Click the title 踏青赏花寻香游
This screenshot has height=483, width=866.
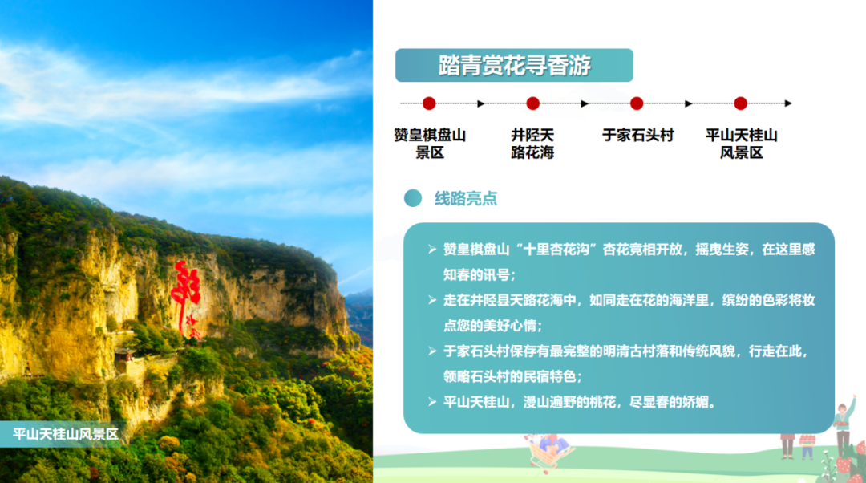[514, 65]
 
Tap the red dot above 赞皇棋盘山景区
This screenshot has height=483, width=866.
[429, 103]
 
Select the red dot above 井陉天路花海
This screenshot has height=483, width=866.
[533, 103]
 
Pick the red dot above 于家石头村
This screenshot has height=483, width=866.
[637, 103]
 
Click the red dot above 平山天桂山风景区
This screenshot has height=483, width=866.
[741, 103]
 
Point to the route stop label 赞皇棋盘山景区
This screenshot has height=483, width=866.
[430, 144]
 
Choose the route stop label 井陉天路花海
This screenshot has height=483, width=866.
[532, 144]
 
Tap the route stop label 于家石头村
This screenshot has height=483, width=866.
[638, 136]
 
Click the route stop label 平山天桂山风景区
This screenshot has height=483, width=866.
[741, 144]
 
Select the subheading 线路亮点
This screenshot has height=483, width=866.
[466, 198]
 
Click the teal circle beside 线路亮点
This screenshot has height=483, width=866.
[413, 198]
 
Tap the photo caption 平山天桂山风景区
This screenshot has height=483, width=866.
[66, 434]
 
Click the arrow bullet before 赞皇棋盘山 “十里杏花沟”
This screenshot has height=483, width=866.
[432, 250]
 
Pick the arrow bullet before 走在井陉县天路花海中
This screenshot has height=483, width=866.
[432, 300]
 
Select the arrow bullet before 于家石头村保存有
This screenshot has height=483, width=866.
[432, 351]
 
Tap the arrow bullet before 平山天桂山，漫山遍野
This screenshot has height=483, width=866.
[432, 402]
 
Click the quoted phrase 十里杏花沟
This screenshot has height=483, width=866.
[557, 250]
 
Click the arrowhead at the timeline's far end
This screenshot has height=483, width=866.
[788, 103]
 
